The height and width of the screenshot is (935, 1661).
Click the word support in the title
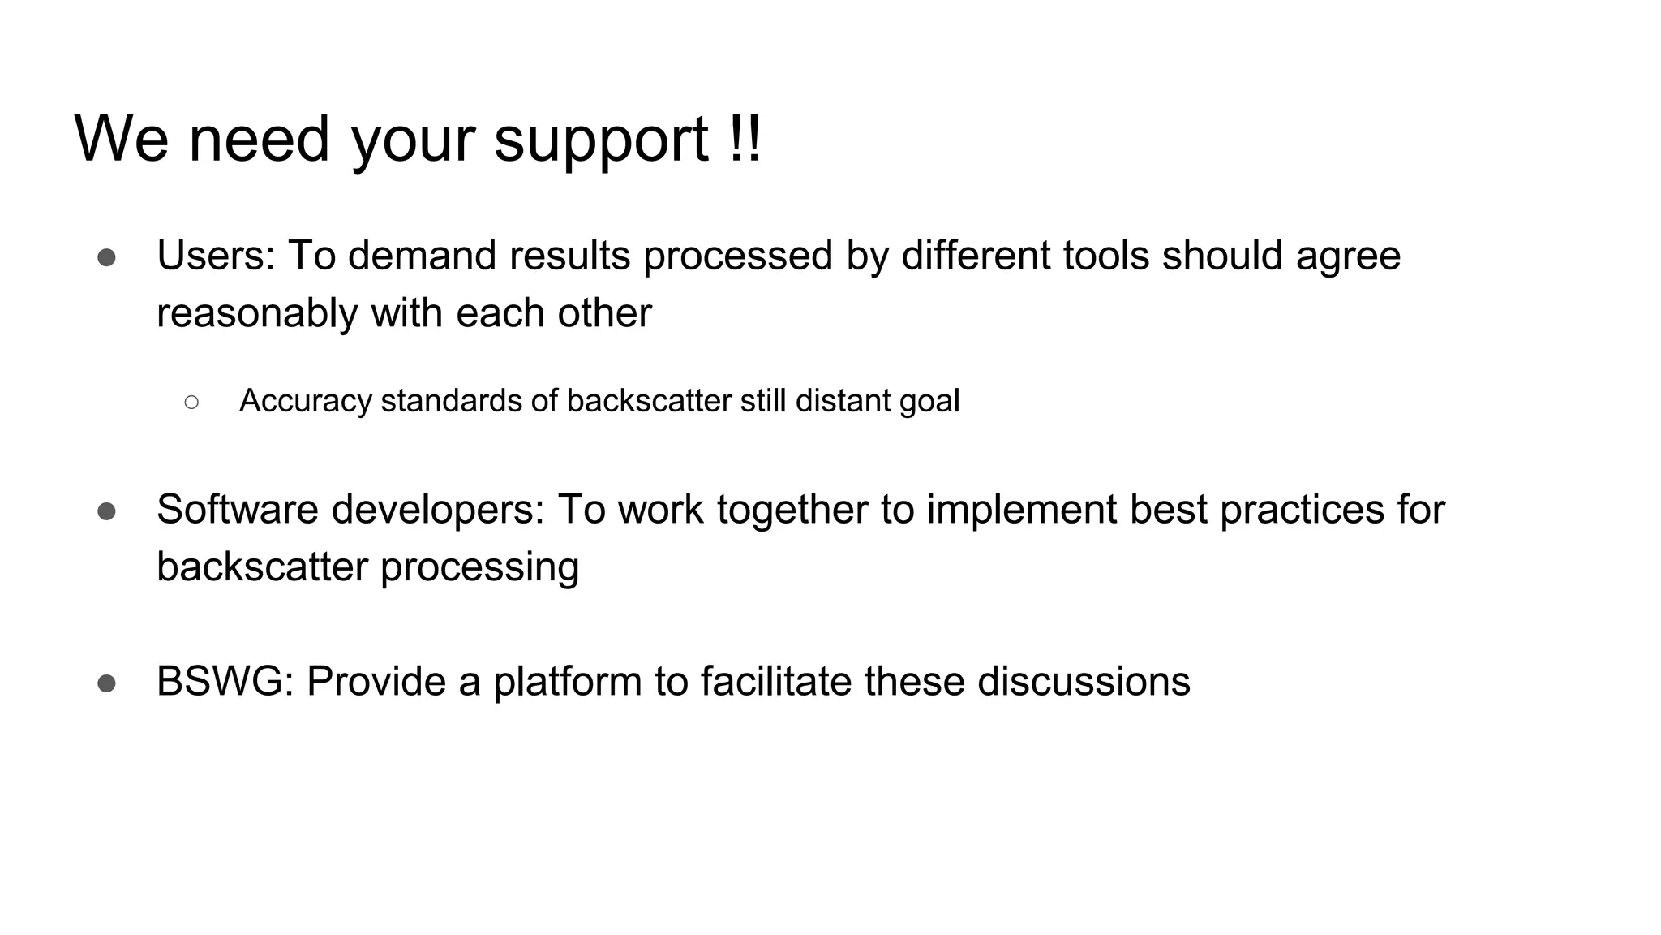tap(601, 140)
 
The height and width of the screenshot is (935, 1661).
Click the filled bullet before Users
tap(106, 257)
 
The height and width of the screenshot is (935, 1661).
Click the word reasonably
tap(257, 313)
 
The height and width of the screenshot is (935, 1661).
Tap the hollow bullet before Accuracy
tap(191, 401)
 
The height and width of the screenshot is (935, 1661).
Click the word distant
tap(841, 401)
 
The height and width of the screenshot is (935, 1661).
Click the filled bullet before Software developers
tap(106, 511)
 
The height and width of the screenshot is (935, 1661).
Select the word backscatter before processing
tap(262, 567)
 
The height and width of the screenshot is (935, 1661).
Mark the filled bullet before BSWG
tap(106, 683)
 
